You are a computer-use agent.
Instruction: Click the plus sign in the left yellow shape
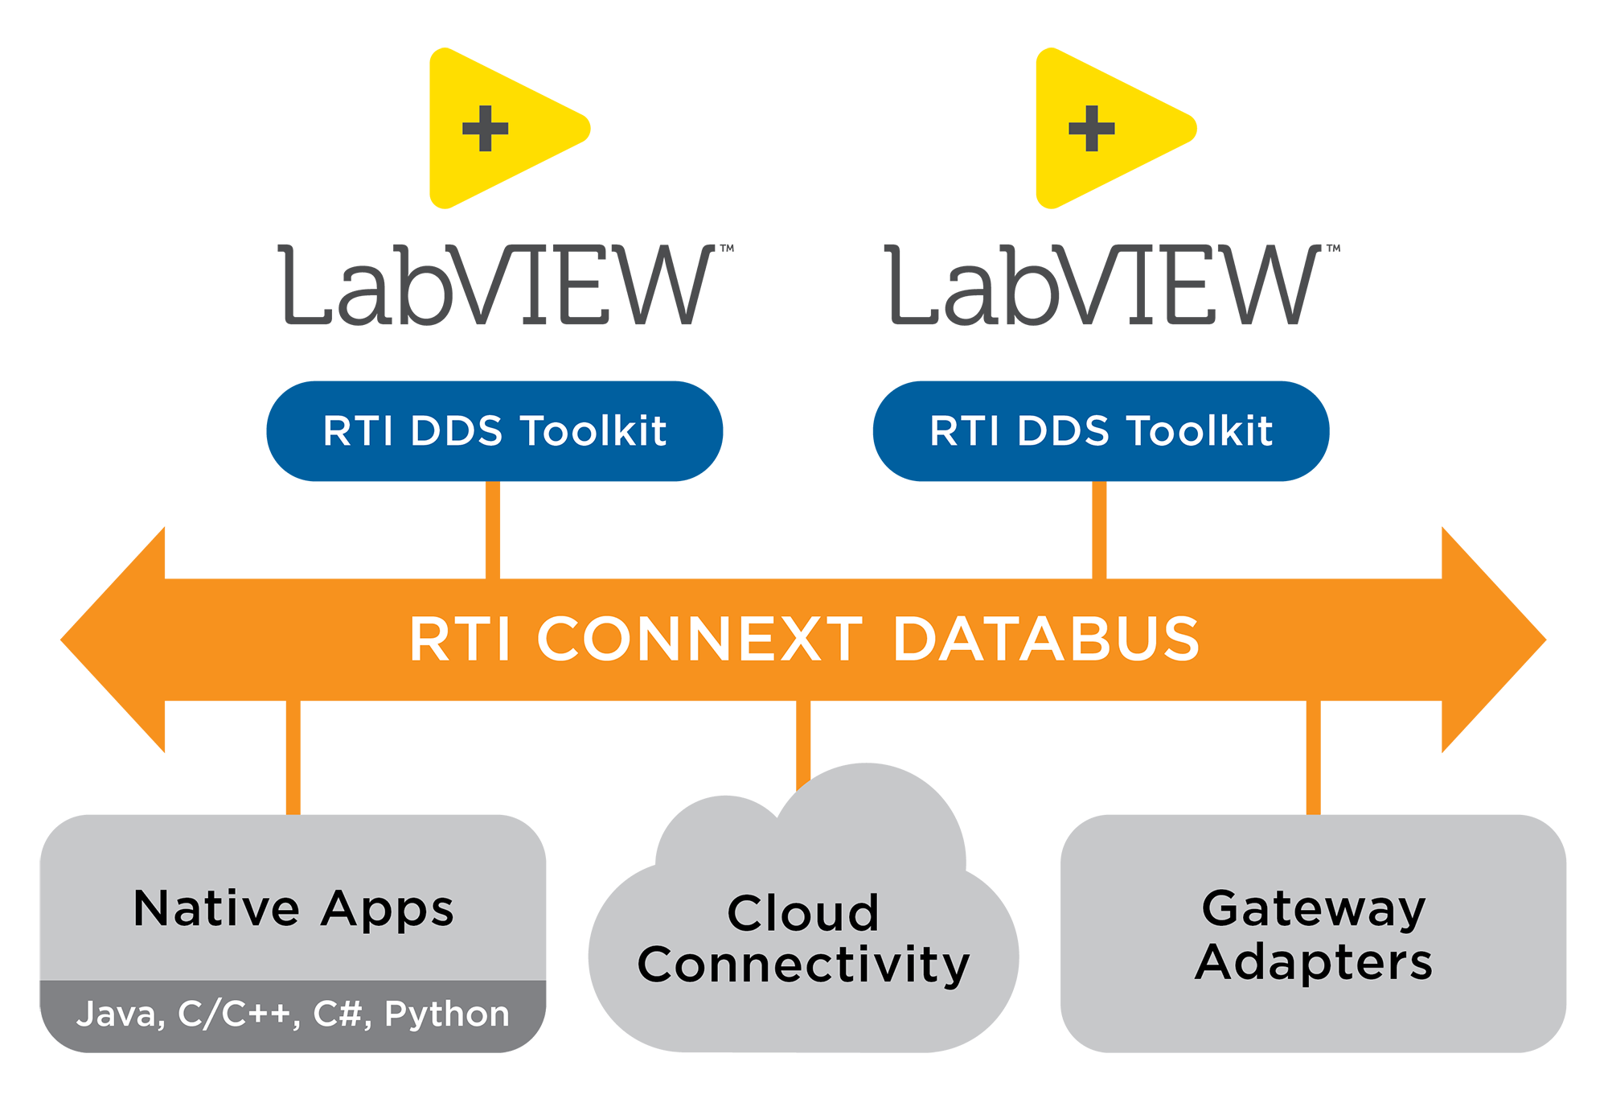pyautogui.click(x=486, y=129)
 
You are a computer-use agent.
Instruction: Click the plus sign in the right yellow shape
pyautogui.click(x=1092, y=129)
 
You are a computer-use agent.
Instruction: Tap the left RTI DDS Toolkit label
pyautogui.click(x=494, y=431)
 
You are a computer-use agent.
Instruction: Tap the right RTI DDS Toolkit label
pyautogui.click(x=1101, y=431)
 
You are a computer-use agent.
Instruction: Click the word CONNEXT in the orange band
pyautogui.click(x=699, y=640)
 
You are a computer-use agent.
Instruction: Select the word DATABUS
pyautogui.click(x=1046, y=640)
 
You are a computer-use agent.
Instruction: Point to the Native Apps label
pyautogui.click(x=293, y=909)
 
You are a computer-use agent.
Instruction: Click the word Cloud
pyautogui.click(x=803, y=914)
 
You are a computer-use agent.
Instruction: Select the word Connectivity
pyautogui.click(x=803, y=965)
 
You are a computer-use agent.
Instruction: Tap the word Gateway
pyautogui.click(x=1314, y=909)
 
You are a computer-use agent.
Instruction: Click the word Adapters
pyautogui.click(x=1314, y=962)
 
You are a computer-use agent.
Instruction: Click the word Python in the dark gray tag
pyautogui.click(x=447, y=1014)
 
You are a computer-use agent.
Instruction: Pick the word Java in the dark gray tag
pyautogui.click(x=118, y=1014)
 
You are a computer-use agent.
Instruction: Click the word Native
pyautogui.click(x=216, y=909)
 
